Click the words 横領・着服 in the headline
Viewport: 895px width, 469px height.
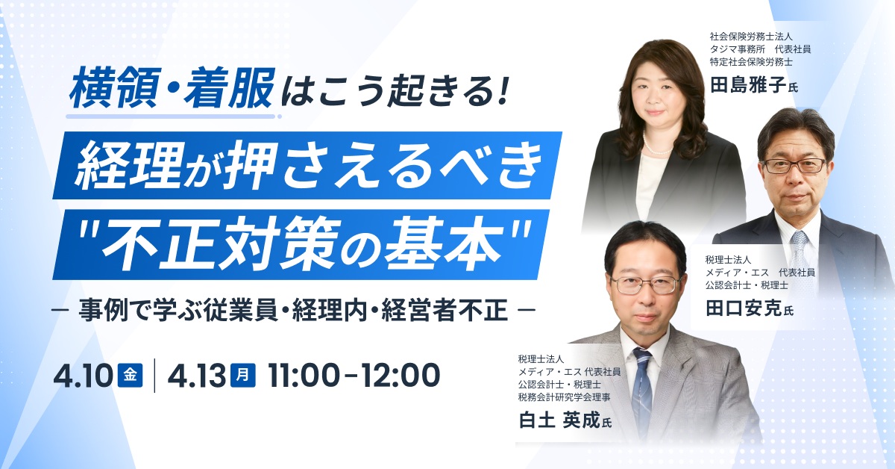171,90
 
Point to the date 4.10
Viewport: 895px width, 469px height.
81,376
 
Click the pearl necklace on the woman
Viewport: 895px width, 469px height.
656,149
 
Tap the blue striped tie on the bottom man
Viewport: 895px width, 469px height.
641,388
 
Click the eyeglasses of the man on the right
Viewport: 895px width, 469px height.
794,165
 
